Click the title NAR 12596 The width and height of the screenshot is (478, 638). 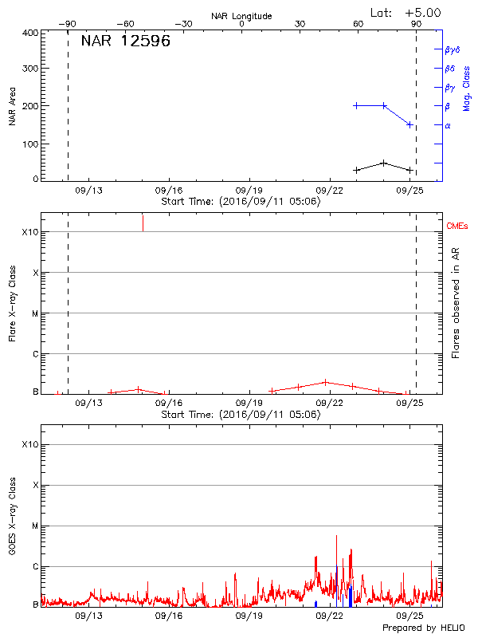point(126,41)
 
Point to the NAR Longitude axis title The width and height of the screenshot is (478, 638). point(241,16)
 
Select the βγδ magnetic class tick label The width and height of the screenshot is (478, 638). point(453,49)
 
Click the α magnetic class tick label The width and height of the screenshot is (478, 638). point(448,125)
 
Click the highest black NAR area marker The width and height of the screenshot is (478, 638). point(384,163)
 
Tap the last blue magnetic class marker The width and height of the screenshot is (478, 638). point(409,124)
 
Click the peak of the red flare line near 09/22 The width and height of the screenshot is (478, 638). point(326,382)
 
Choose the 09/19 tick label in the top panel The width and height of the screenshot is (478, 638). point(251,191)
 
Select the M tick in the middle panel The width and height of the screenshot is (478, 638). point(34,313)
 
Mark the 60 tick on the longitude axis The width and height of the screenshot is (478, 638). point(358,24)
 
